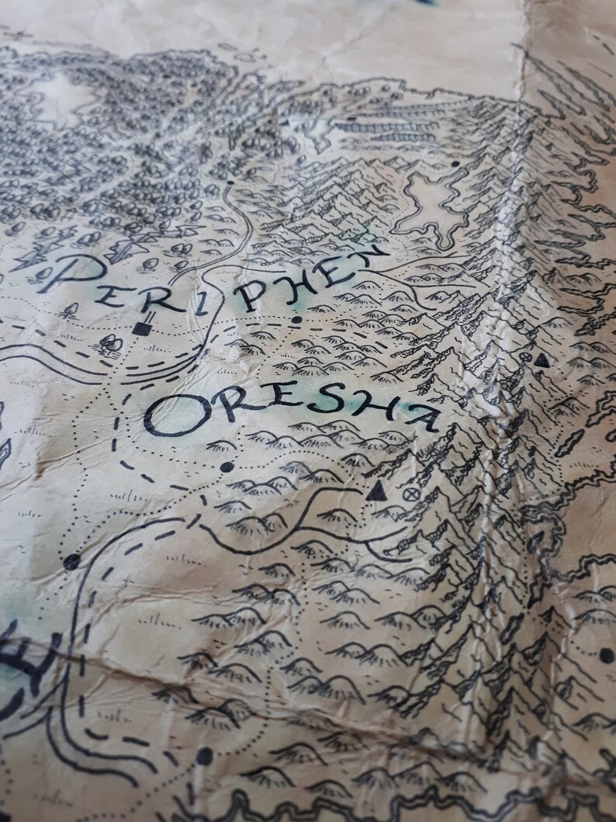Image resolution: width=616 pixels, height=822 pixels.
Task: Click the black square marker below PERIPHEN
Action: (141, 328)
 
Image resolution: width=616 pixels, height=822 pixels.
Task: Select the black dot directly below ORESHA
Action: (227, 466)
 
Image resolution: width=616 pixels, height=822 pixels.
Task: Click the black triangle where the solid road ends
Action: (378, 491)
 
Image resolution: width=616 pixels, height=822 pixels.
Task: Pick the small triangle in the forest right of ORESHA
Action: (542, 360)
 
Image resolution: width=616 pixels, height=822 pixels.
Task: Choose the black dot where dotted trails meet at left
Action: (72, 561)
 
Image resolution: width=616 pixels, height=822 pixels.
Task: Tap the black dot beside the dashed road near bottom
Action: (204, 754)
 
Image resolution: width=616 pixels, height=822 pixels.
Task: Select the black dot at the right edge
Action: (606, 655)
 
